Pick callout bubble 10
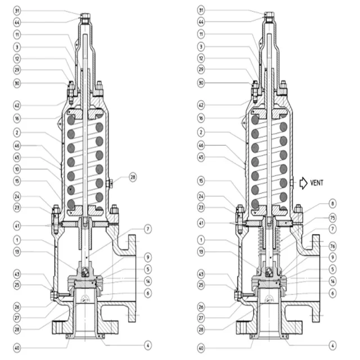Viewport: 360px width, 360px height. [x=18, y=168]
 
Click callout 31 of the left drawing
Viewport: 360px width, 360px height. [x=18, y=11]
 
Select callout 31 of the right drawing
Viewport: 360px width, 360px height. [x=202, y=11]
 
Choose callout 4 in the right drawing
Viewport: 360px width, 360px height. [x=332, y=344]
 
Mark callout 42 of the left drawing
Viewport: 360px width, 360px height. [x=18, y=105]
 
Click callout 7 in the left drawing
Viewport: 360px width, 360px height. [x=148, y=229]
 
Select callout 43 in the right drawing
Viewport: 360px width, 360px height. [x=202, y=274]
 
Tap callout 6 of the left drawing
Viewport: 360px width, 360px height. [x=148, y=292]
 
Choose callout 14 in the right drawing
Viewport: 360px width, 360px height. [x=332, y=280]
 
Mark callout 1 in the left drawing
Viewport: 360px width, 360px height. [x=18, y=239]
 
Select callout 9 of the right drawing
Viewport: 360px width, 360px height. [x=332, y=256]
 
